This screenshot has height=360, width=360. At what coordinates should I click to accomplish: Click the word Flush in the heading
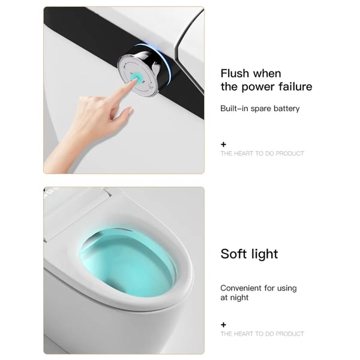pyautogui.click(x=235, y=73)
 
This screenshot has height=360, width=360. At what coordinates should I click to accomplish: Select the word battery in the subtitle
pyautogui.click(x=287, y=109)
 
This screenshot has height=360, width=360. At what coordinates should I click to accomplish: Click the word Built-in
pyautogui.click(x=234, y=108)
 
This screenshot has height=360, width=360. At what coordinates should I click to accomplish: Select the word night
pyautogui.click(x=239, y=298)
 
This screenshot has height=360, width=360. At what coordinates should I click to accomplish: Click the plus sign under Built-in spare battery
pyautogui.click(x=223, y=145)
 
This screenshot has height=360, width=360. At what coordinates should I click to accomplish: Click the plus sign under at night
pyautogui.click(x=223, y=325)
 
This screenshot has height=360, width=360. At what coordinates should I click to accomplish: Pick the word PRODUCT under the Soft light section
pyautogui.click(x=290, y=334)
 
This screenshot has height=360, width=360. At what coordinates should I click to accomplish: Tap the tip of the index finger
pyautogui.click(x=136, y=80)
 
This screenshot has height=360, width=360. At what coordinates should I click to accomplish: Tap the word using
pyautogui.click(x=287, y=289)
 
